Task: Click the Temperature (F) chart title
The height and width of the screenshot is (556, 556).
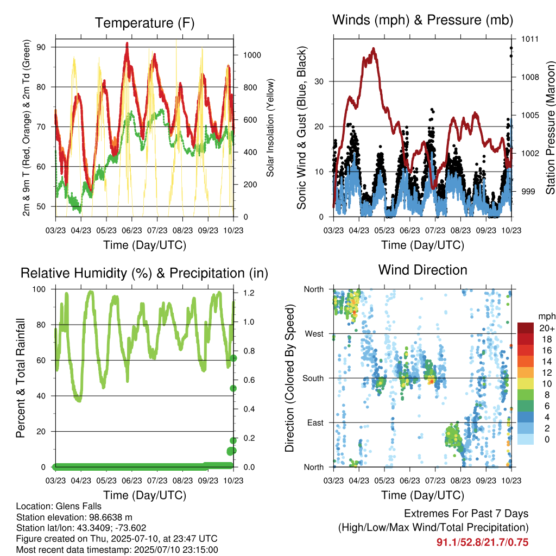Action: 144,23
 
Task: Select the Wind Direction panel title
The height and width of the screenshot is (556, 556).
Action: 422,270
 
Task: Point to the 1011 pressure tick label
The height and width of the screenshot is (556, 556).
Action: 530,39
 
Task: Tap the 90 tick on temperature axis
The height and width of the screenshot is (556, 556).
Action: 41,47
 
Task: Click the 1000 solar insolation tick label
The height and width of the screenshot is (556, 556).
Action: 252,55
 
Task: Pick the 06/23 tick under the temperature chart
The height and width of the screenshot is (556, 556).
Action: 132,230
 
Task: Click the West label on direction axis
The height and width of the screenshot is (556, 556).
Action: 314,334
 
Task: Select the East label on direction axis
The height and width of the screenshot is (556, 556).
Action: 315,422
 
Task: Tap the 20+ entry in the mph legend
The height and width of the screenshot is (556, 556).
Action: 547,328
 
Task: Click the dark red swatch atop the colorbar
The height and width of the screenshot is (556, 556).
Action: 526,328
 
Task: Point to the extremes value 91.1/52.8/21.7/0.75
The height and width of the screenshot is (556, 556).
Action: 482,542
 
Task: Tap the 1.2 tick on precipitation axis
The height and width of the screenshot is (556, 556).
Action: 249,293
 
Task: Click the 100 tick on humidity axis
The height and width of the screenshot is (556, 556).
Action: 39,289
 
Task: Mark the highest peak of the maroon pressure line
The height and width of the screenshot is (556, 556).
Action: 374,48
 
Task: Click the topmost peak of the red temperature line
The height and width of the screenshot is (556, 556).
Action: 127,43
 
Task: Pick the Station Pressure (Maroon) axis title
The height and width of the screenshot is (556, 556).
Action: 550,128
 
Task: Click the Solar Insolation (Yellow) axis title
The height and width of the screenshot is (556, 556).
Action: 270,128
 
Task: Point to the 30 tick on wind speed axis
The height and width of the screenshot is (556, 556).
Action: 319,81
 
